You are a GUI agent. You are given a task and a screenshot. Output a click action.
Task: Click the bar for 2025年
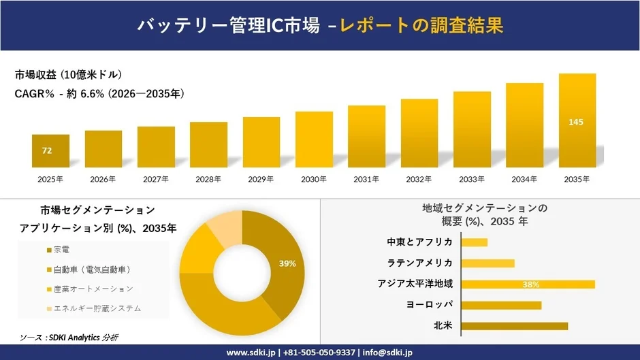click(50, 151)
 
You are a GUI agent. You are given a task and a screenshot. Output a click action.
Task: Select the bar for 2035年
click(577, 120)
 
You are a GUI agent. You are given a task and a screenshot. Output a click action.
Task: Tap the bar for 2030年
click(314, 140)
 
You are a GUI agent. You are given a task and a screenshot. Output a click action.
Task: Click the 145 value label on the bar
click(576, 122)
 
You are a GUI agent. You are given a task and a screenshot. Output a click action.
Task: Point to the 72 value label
click(47, 150)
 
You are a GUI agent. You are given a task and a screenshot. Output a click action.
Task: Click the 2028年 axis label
click(208, 179)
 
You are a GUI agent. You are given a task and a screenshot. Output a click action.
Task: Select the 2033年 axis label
click(471, 179)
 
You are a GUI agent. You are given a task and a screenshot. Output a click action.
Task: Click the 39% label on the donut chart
click(287, 263)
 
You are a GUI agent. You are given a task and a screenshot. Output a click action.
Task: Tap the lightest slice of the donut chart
click(223, 229)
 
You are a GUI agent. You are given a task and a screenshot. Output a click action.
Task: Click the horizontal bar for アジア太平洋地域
click(528, 284)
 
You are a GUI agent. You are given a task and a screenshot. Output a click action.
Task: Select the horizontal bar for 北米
click(514, 326)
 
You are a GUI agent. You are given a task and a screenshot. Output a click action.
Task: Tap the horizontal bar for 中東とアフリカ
click(475, 242)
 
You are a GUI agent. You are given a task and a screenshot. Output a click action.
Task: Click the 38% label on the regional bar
click(531, 284)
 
